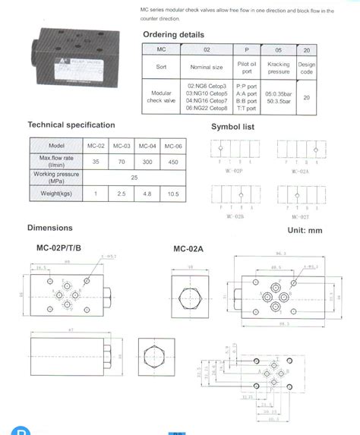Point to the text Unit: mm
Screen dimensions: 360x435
point(305,229)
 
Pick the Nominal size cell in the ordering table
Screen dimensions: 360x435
point(206,67)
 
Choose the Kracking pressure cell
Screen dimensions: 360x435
point(279,67)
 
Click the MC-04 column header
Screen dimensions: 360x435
point(147,146)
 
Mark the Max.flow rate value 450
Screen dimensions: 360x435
point(173,162)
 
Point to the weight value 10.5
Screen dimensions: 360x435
point(173,194)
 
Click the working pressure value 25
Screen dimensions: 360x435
point(134,178)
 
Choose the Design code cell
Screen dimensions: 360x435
point(306,67)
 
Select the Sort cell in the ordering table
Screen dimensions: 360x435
point(161,67)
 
